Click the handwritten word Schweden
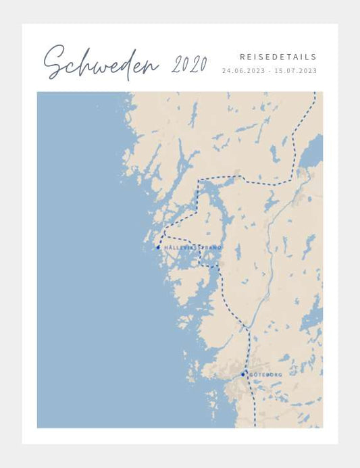(x=101, y=63)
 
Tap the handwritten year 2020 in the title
(x=189, y=65)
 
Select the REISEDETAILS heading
(x=278, y=57)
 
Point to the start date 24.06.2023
(x=242, y=70)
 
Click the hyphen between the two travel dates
(x=269, y=70)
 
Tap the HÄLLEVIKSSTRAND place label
(x=192, y=248)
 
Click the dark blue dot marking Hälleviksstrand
(x=158, y=247)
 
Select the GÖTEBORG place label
(x=265, y=374)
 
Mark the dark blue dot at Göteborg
(x=243, y=373)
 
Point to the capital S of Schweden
(x=55, y=63)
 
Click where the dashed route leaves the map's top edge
(x=314, y=93)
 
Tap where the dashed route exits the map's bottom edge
(x=254, y=426)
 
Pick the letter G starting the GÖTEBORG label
(x=251, y=374)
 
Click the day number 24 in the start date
(x=226, y=70)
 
